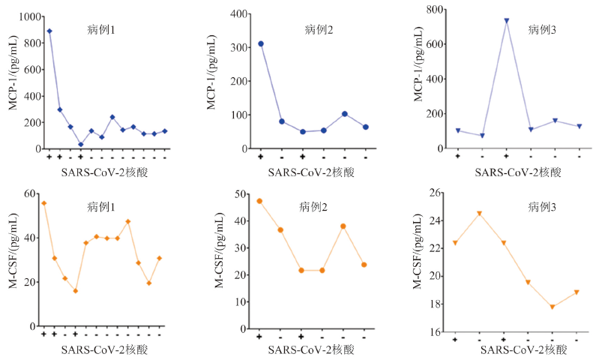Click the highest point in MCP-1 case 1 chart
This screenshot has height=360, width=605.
49,31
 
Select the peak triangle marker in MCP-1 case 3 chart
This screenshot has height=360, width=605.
507,21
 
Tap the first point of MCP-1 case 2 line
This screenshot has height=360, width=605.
261,43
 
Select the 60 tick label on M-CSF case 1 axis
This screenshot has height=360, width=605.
32,194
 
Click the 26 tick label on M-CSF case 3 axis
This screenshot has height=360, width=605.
436,194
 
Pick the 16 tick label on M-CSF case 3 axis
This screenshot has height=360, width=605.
436,331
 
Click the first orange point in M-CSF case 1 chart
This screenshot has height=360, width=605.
44,203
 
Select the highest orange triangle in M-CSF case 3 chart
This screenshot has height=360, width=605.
479,214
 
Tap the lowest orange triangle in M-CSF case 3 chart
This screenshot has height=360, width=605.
553,307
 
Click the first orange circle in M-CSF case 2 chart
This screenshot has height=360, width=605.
259,201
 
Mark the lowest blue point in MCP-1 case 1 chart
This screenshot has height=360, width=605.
80,145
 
